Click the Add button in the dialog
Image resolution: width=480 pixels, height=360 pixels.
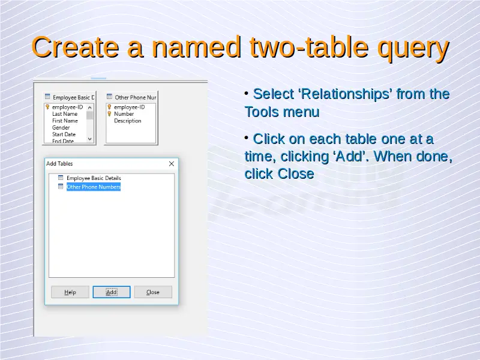point(112,292)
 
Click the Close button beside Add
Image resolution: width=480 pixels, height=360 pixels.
point(153,292)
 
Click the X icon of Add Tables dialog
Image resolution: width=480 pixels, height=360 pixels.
point(172,164)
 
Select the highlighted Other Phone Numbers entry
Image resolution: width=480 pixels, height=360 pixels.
point(94,187)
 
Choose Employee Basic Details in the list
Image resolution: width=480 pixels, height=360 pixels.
point(94,178)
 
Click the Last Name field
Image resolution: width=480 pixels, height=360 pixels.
point(65,114)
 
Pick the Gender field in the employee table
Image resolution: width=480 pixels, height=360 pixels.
point(61,128)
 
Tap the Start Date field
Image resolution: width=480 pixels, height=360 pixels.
point(64,134)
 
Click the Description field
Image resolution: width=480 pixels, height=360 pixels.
point(128,121)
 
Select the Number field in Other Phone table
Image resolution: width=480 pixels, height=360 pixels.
point(124,114)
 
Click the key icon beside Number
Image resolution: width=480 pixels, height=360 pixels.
point(109,114)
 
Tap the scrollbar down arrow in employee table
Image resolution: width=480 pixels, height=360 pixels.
point(89,139)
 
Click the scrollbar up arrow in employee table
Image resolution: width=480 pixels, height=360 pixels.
point(89,107)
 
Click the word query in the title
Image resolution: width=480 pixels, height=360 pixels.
point(413,48)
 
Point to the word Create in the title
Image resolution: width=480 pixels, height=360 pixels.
point(76,47)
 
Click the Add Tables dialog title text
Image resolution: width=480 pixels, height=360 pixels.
point(59,163)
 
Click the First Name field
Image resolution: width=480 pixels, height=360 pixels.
point(65,121)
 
